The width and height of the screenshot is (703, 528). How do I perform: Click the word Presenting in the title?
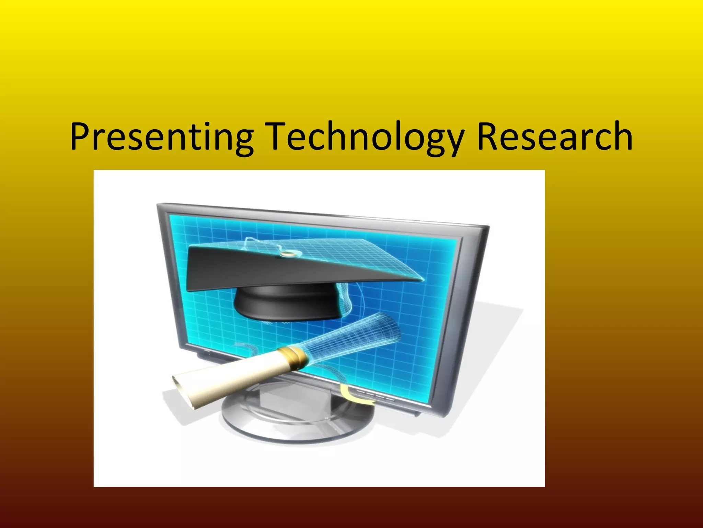point(161,137)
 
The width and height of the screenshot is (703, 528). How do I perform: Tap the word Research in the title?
point(554,137)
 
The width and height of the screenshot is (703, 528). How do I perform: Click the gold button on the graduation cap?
point(285,254)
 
